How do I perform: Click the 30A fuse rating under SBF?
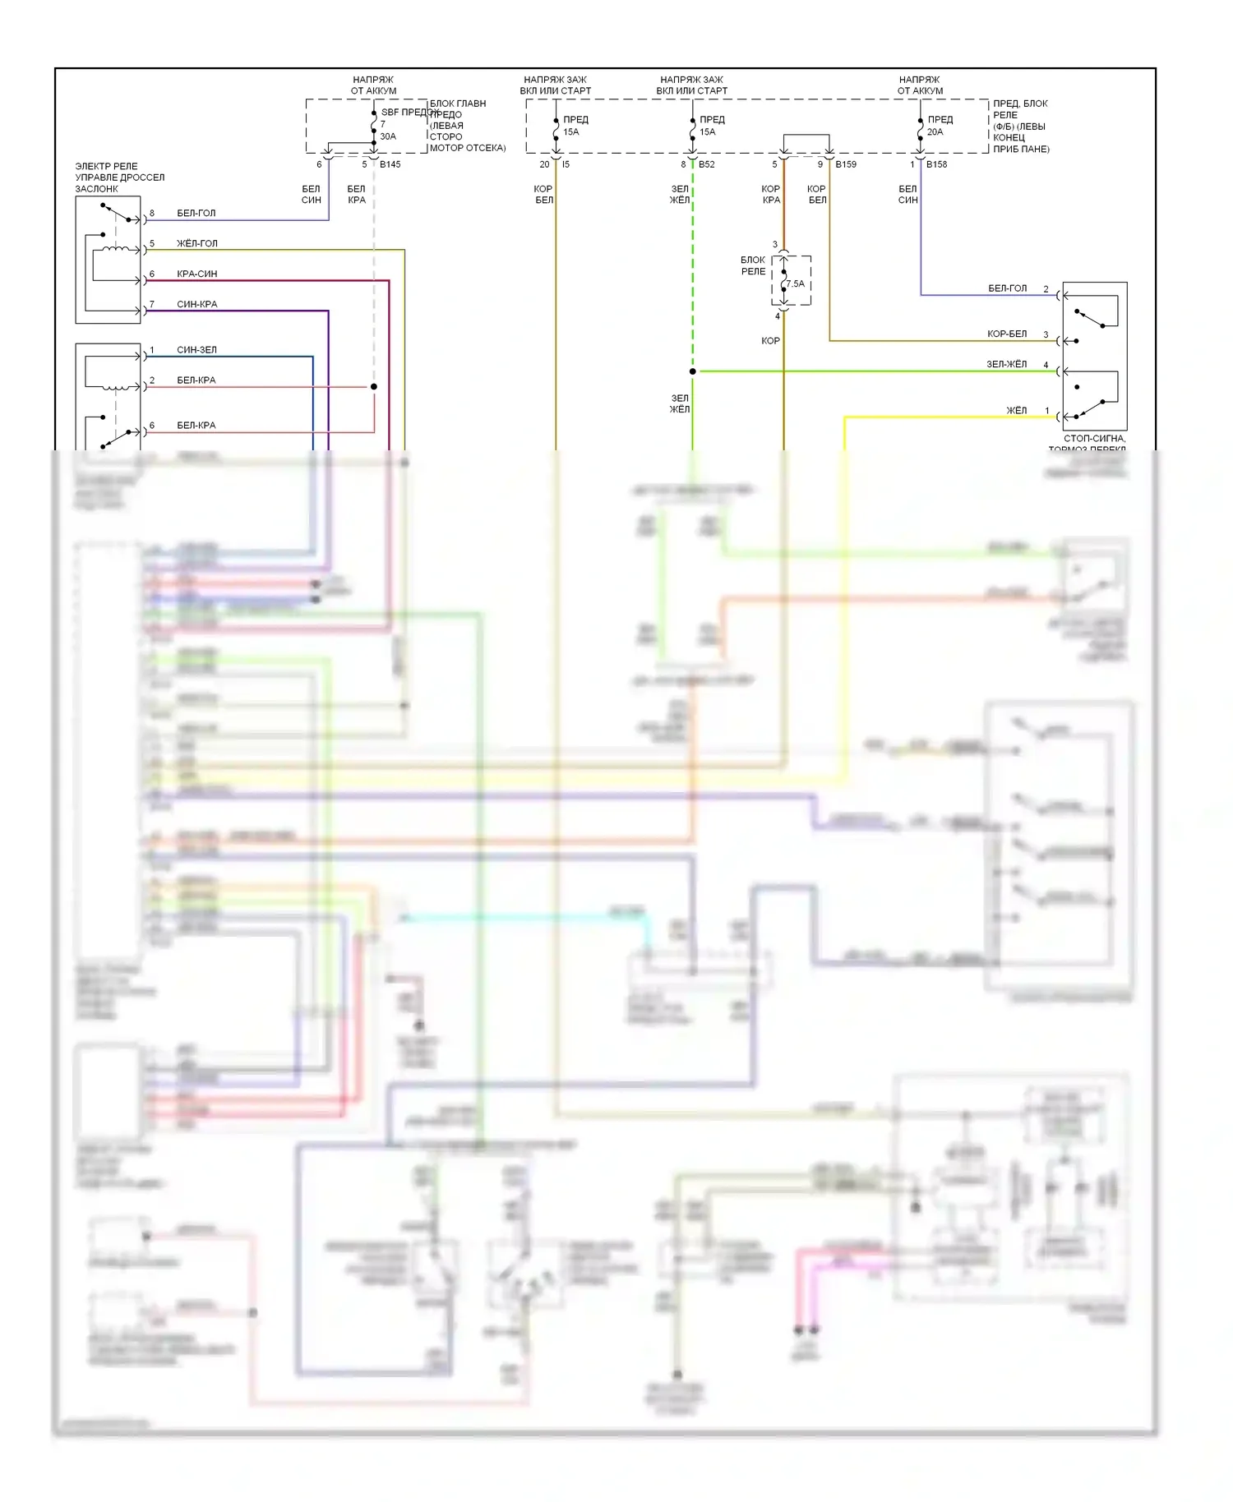coord(388,136)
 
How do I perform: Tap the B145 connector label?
coord(390,164)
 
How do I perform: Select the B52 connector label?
coord(707,164)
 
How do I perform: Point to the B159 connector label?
coord(846,164)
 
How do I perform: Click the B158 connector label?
coord(936,164)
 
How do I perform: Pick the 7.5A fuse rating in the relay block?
coord(796,284)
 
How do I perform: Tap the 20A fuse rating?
coord(935,131)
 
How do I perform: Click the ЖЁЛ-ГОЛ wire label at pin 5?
coord(197,243)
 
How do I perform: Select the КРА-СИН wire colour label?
coord(197,274)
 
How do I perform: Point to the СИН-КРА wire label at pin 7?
coord(197,304)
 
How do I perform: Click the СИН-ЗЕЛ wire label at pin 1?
coord(197,350)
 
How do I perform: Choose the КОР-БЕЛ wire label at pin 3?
coord(1007,334)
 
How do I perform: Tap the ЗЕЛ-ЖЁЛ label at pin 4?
coord(1007,364)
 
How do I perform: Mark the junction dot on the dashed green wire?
coord(692,371)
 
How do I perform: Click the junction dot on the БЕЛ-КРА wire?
coord(374,386)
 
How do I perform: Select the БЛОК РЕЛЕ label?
coord(753,265)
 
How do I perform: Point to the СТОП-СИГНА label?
coord(1094,439)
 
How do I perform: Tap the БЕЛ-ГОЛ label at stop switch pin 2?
coord(1007,288)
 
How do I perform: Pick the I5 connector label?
coord(566,164)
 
